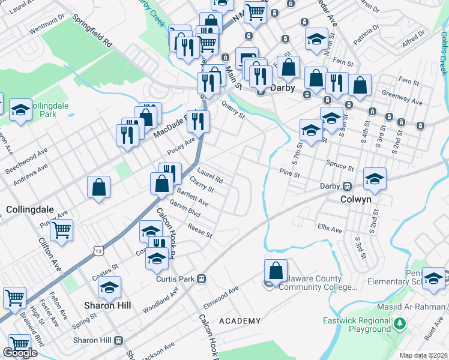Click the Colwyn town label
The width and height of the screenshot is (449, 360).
tap(356, 200)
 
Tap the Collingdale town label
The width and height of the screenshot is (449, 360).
tap(30, 210)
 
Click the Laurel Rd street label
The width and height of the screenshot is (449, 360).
tap(210, 175)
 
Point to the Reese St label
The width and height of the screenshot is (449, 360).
tap(200, 230)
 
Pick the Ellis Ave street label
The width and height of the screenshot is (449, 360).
tap(330, 230)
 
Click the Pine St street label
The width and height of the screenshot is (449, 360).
tap(289, 174)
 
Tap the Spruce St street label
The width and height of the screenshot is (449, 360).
tap(340, 163)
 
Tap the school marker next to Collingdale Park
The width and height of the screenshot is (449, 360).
tap(21, 110)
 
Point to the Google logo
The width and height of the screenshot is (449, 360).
tap(20, 353)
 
